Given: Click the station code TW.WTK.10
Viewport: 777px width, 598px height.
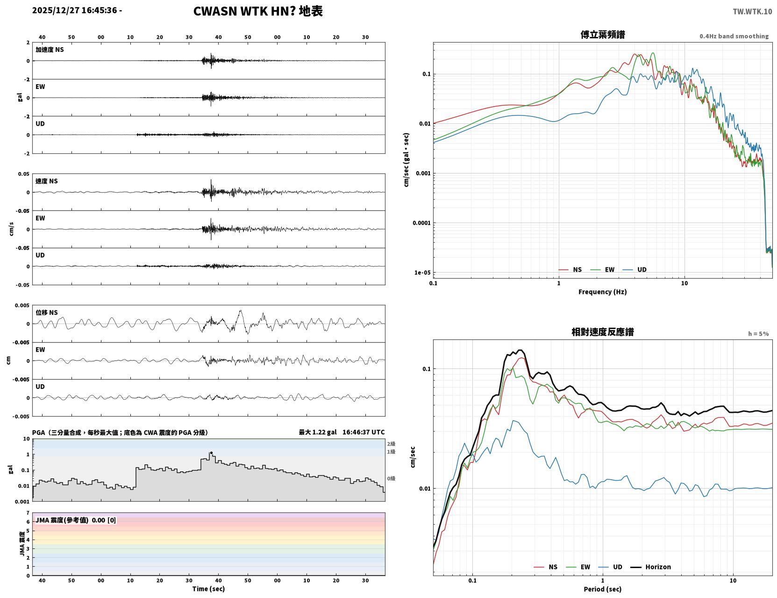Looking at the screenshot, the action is pyautogui.click(x=752, y=11).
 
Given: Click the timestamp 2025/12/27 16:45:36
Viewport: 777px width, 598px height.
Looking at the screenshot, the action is pyautogui.click(x=74, y=10).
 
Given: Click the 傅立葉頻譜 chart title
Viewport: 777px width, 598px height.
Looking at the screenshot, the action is pyautogui.click(x=602, y=35).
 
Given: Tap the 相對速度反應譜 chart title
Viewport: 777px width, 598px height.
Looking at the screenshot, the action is pyautogui.click(x=602, y=332).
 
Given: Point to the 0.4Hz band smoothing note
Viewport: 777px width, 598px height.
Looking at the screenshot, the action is pyautogui.click(x=734, y=36).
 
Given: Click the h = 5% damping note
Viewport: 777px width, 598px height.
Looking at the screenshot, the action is pyautogui.click(x=758, y=334).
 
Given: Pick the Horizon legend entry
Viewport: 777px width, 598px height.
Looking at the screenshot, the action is pyautogui.click(x=650, y=567).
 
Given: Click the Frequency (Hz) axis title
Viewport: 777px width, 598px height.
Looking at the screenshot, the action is pyautogui.click(x=602, y=292).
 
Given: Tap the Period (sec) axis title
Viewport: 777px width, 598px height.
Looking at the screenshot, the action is pyautogui.click(x=602, y=589).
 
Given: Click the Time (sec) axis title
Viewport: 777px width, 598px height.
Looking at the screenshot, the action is pyautogui.click(x=208, y=589).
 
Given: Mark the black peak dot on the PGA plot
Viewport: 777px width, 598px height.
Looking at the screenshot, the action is pyautogui.click(x=211, y=453).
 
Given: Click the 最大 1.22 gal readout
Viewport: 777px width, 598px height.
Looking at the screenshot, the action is pyautogui.click(x=318, y=432).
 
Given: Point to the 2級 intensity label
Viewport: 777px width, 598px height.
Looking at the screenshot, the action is pyautogui.click(x=391, y=444).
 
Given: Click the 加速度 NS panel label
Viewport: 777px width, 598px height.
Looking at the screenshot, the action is pyautogui.click(x=50, y=50).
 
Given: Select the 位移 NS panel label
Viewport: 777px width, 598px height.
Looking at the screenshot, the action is pyautogui.click(x=46, y=313).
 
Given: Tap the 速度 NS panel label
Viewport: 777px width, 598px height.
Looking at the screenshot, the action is pyautogui.click(x=46, y=181).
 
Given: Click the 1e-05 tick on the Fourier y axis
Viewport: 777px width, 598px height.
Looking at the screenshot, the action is pyautogui.click(x=422, y=273).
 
